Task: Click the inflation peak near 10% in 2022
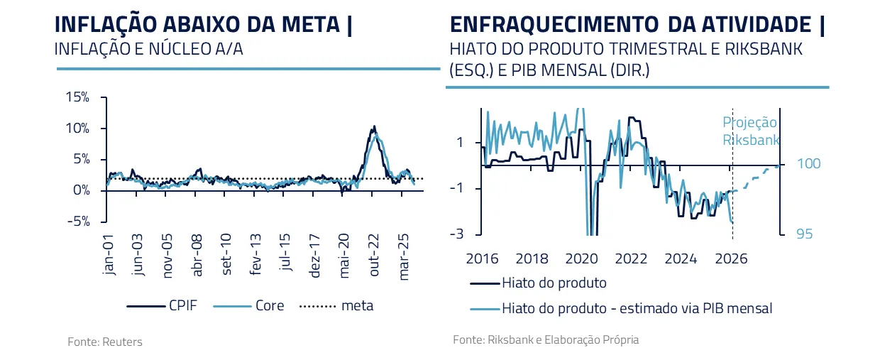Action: coord(373,128)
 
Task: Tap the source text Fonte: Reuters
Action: coord(105,342)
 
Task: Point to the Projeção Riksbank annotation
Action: coord(750,131)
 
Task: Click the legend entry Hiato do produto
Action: coord(554,283)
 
